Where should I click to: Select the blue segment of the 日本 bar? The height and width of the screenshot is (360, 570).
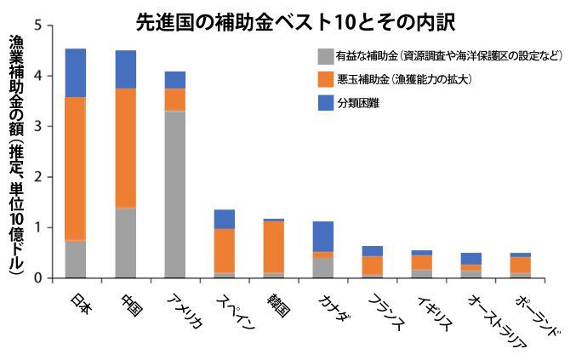tap(76, 72)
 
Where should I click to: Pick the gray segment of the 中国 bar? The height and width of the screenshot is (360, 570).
tap(125, 243)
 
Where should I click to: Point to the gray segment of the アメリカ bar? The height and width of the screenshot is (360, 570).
tap(175, 194)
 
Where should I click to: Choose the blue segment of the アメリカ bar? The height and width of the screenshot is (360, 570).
tap(175, 79)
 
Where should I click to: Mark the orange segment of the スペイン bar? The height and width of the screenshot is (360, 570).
tap(225, 250)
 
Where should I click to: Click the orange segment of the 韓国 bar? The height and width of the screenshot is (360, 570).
tap(274, 247)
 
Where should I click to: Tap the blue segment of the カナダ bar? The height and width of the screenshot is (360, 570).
tap(323, 236)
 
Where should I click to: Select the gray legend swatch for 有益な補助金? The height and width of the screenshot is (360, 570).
tap(325, 58)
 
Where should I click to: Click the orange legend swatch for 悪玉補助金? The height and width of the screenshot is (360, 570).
tap(325, 80)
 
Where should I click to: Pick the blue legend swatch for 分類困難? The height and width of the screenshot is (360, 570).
tap(325, 103)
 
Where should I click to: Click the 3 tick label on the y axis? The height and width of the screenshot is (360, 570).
tap(36, 126)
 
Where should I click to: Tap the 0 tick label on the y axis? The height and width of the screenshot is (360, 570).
tap(36, 278)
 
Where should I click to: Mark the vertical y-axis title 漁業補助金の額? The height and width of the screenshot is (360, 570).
tap(16, 153)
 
